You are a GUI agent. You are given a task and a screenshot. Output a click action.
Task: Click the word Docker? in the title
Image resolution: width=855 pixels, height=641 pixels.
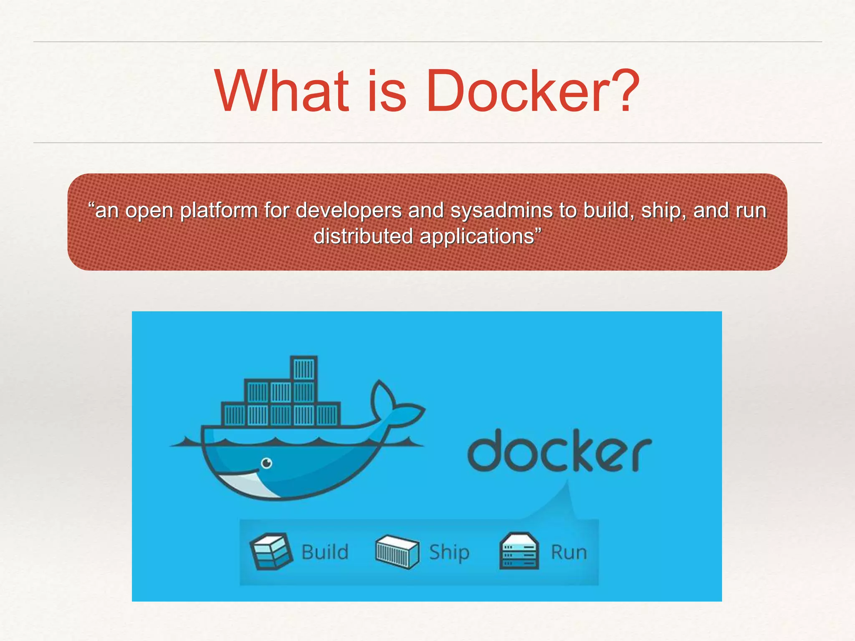point(532,91)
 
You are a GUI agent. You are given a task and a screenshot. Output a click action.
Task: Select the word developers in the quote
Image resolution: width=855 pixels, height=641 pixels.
point(349,210)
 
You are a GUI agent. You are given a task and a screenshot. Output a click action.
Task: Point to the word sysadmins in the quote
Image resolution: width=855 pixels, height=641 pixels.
point(501,210)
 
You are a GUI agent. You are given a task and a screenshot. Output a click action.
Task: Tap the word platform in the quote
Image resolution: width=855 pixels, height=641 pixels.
point(219,210)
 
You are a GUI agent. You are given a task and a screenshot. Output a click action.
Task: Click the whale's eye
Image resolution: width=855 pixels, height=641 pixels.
point(266,463)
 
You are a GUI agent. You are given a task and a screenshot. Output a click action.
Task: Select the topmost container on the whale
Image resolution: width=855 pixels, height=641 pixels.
point(304,368)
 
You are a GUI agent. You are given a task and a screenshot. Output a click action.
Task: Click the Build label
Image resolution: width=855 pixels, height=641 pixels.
point(325,552)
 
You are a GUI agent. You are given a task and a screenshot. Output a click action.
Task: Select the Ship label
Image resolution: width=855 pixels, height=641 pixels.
point(449,552)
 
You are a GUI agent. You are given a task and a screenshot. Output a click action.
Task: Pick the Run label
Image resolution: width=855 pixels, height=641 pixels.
point(569,552)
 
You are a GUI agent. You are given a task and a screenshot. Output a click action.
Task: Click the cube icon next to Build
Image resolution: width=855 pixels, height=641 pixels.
point(271,551)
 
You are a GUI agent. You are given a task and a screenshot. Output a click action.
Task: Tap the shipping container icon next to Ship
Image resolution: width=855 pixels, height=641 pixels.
point(397,552)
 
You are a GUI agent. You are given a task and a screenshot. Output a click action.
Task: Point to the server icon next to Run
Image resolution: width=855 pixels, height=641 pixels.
point(519,551)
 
